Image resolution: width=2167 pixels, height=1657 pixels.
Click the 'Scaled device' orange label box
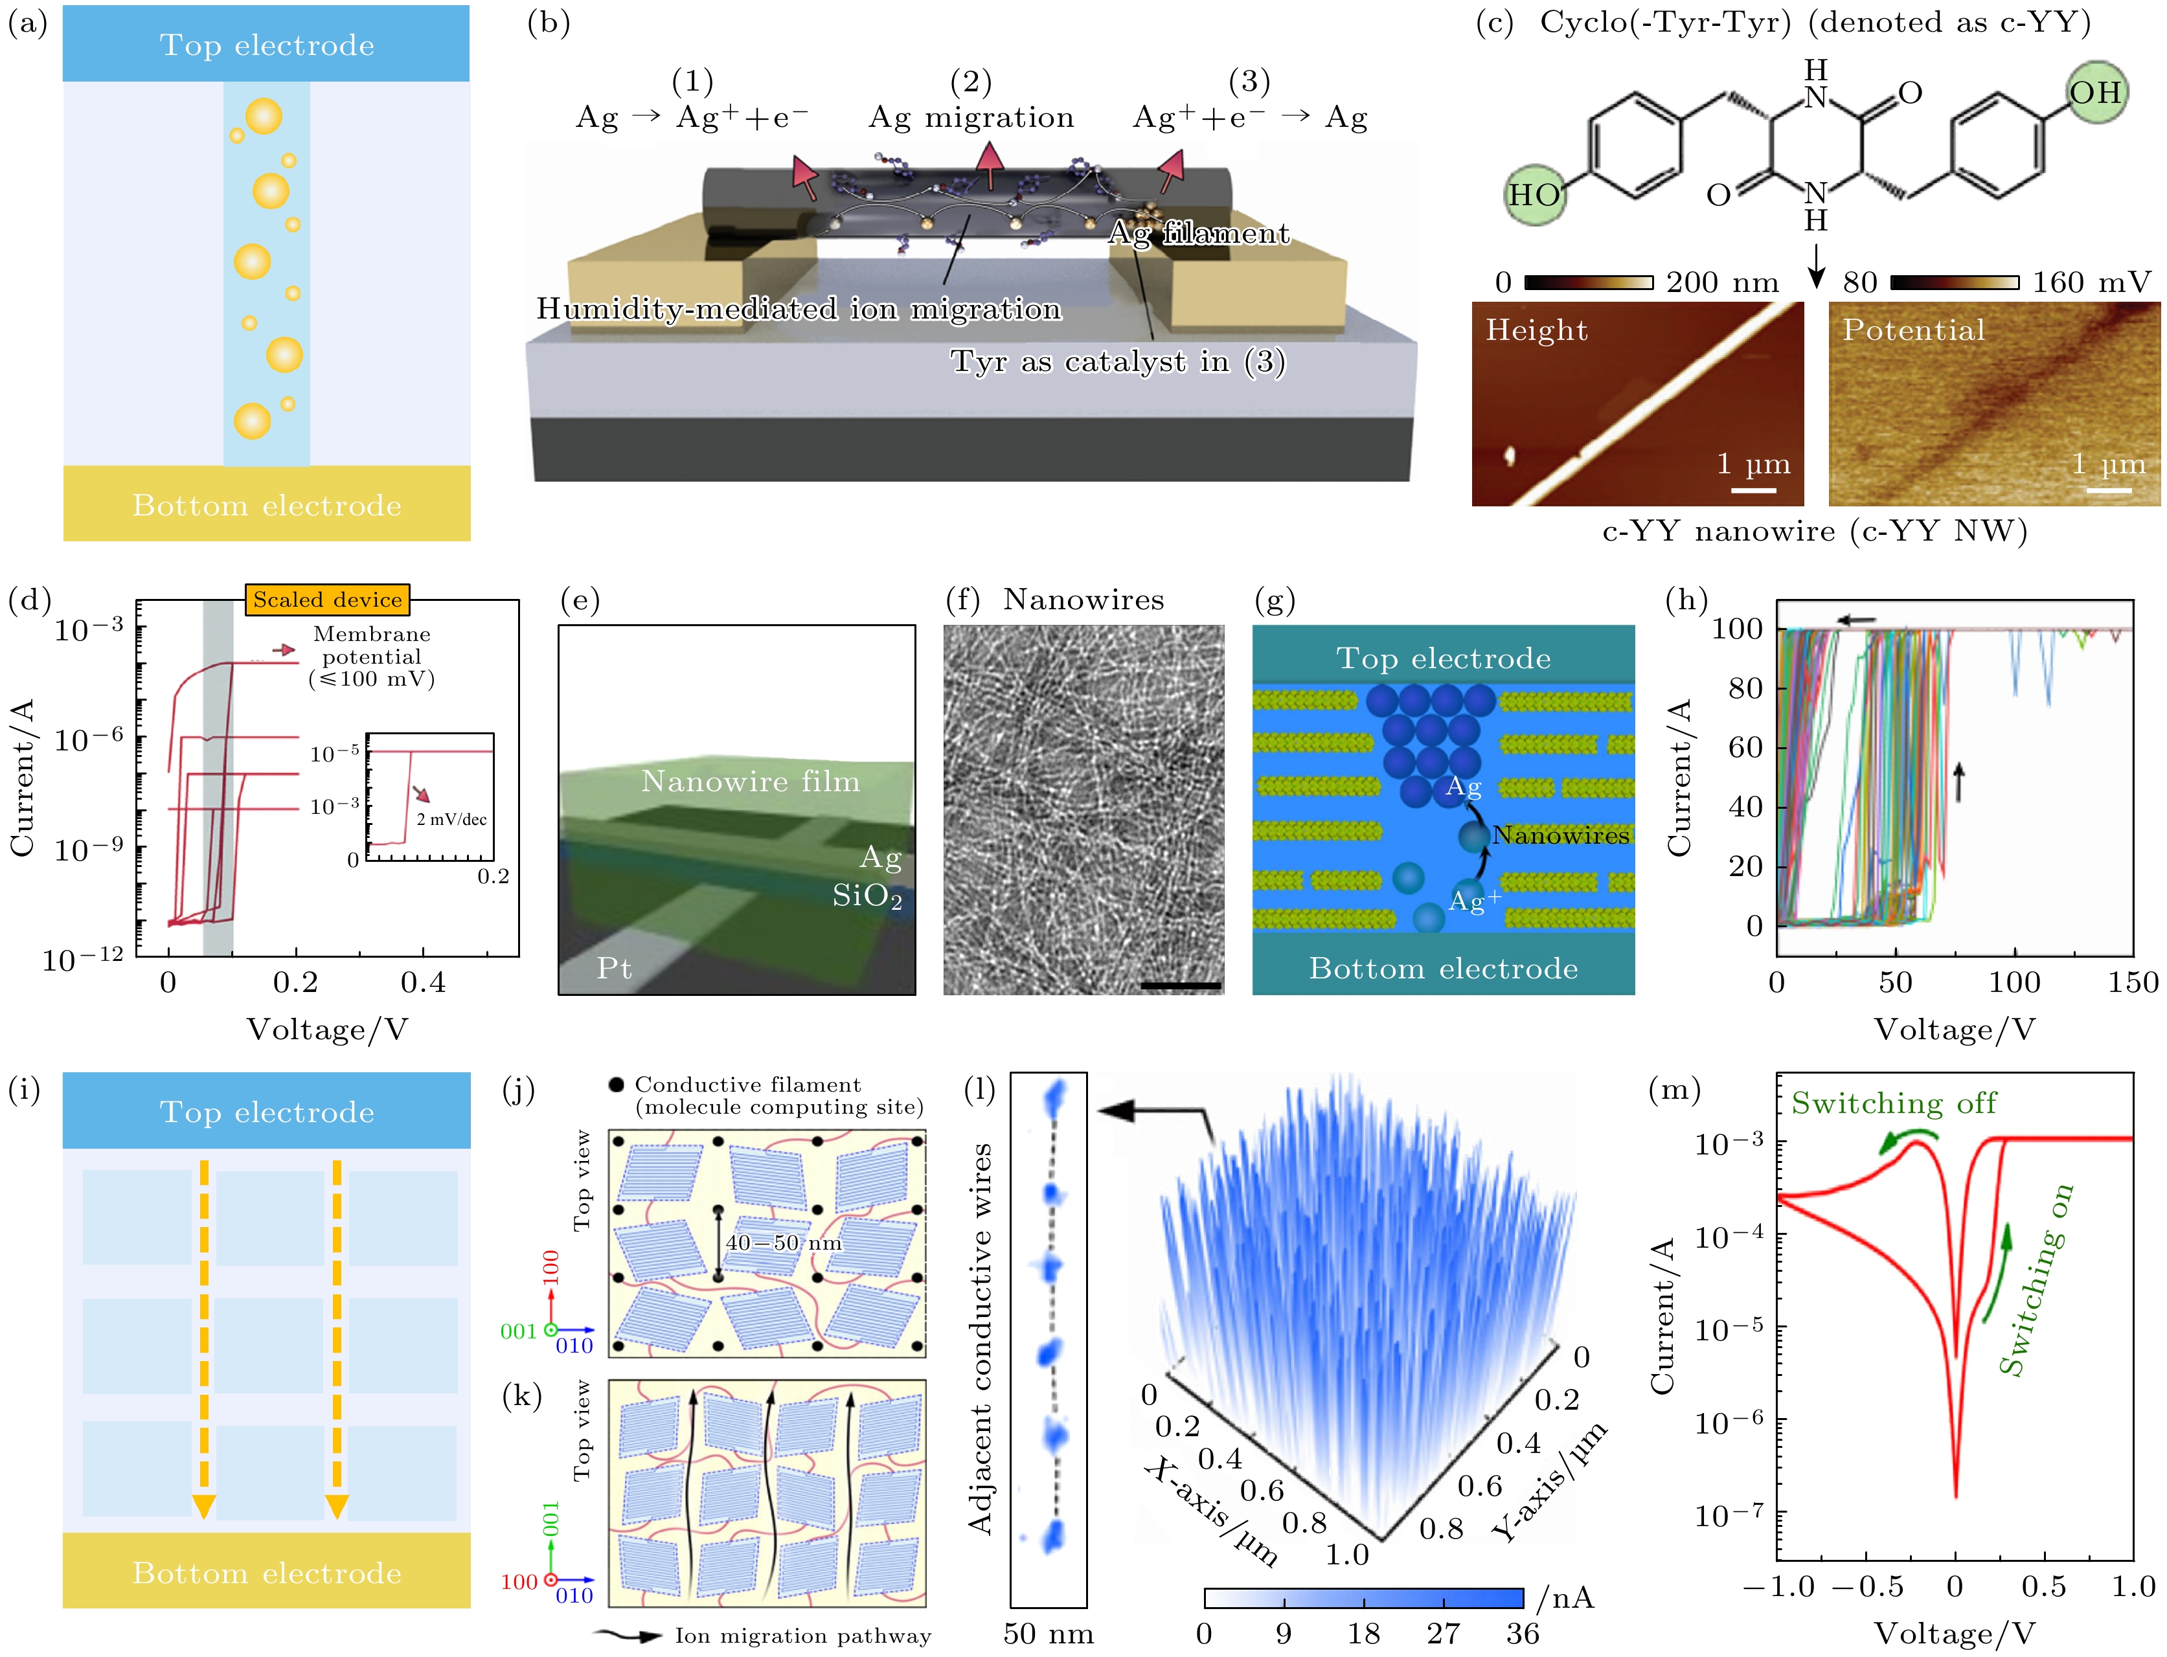326,600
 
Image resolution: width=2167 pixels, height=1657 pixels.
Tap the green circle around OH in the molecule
2095,93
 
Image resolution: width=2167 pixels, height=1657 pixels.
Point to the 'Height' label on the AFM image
1537,330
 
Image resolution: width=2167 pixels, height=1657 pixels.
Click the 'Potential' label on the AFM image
1914,330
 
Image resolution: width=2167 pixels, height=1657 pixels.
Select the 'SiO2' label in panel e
867,896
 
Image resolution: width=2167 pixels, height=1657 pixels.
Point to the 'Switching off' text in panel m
1894,1103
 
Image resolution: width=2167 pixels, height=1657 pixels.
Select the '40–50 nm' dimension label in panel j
784,1243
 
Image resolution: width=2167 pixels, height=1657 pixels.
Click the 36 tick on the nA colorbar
1522,1633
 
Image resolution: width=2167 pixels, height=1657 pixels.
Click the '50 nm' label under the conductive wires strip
1049,1633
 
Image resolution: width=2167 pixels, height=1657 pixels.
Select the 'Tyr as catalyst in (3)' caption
1118,362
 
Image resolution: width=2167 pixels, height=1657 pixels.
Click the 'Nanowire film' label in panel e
751,781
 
